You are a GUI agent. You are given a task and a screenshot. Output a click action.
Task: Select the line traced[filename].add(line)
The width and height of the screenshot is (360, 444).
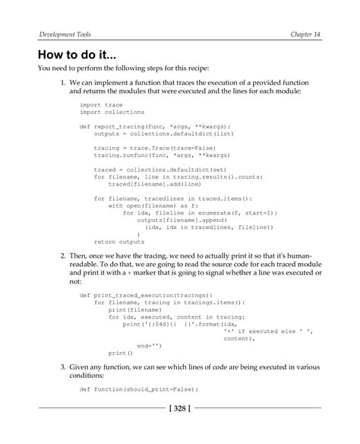[x=149, y=184]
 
